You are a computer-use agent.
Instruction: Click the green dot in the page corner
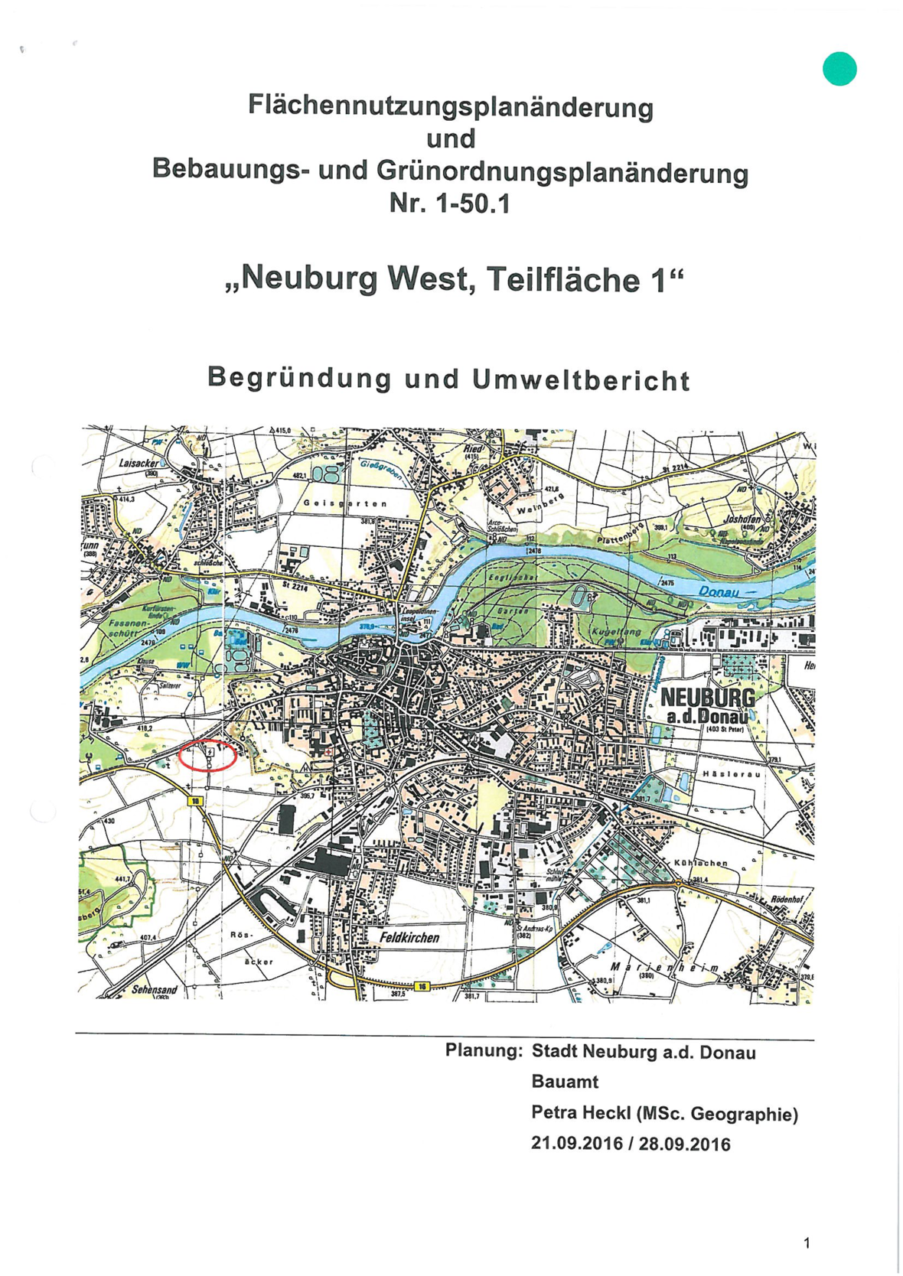839,69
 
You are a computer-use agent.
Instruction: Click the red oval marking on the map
207,756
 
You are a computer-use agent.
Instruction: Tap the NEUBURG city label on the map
707,698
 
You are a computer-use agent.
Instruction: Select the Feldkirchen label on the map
410,937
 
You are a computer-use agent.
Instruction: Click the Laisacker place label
138,464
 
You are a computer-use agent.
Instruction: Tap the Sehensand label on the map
154,990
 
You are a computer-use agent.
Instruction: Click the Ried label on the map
473,449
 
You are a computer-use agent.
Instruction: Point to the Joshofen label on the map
742,519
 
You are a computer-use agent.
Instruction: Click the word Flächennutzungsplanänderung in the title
450,106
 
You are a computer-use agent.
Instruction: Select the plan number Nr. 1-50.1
449,203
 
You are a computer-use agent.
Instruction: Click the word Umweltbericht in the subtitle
581,380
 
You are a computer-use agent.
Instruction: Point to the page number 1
807,1243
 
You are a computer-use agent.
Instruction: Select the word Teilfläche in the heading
564,279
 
